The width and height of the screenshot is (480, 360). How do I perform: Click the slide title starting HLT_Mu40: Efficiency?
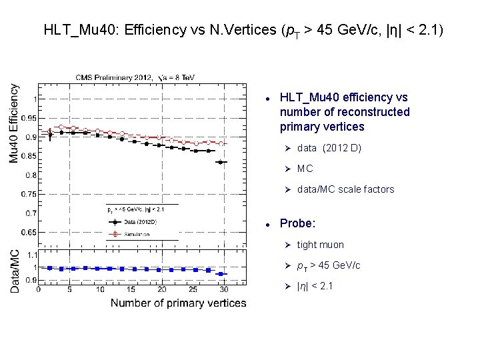[x=244, y=30]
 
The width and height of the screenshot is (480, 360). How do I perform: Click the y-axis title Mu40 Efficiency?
[x=14, y=123]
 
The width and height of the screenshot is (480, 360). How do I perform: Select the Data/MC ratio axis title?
[x=14, y=271]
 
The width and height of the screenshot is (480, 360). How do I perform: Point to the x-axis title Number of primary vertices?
[x=178, y=303]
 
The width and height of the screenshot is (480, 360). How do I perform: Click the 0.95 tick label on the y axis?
[x=28, y=118]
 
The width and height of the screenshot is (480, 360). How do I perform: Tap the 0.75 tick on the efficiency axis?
[x=28, y=194]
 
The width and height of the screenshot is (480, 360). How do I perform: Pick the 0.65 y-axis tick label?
[x=28, y=233]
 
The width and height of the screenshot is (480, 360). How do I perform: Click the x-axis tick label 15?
[x=131, y=290]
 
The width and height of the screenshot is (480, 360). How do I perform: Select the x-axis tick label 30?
[x=223, y=290]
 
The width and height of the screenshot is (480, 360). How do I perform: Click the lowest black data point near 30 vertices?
[x=222, y=162]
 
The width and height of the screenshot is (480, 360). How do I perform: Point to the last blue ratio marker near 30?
[x=222, y=273]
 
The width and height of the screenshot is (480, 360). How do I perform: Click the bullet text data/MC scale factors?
[x=345, y=189]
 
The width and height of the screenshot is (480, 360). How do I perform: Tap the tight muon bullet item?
[x=321, y=245]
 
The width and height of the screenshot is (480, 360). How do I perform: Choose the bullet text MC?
[x=305, y=169]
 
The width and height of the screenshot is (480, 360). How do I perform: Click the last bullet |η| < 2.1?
[x=315, y=286]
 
